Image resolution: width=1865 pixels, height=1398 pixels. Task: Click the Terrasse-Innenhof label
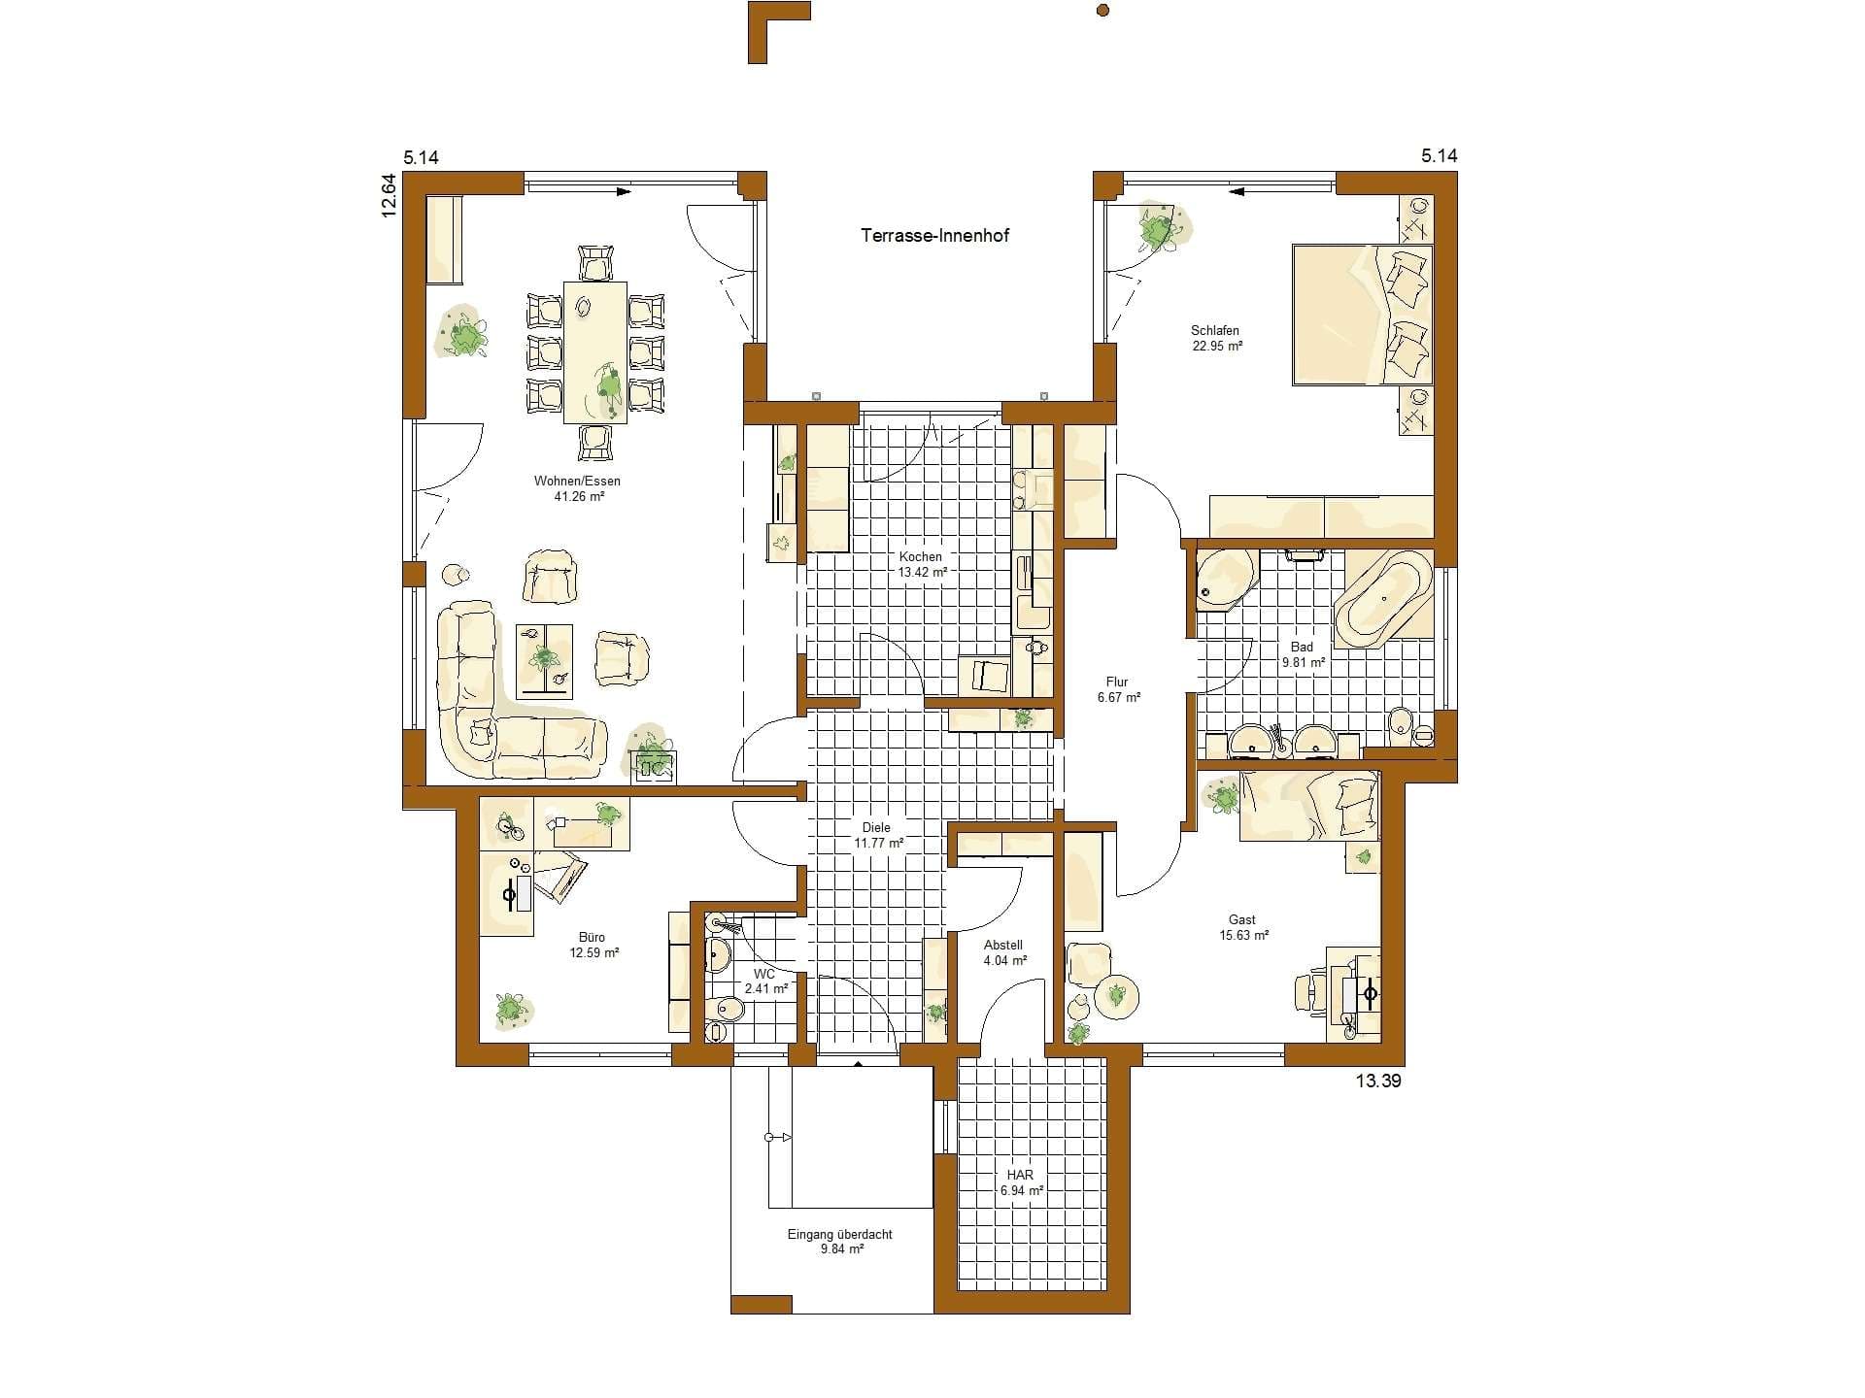click(934, 235)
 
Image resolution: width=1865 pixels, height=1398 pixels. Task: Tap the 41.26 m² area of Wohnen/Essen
click(577, 497)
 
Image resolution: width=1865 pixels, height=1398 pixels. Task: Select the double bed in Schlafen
click(1363, 315)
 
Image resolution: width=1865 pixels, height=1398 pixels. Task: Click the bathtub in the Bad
click(1383, 598)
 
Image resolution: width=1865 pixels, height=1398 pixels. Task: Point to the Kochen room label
click(920, 557)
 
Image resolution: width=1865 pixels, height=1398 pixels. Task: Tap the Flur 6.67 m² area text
click(1118, 697)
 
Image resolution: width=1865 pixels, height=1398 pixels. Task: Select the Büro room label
click(592, 937)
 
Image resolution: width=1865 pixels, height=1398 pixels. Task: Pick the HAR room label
click(1020, 1175)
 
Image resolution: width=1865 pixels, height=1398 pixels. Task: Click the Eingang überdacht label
click(839, 1235)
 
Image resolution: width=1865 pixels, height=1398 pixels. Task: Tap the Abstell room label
click(1003, 945)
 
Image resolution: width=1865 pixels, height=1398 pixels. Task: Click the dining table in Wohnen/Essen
click(595, 352)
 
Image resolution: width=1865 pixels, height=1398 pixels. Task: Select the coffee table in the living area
click(544, 660)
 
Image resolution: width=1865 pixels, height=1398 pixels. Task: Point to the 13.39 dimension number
click(1378, 1081)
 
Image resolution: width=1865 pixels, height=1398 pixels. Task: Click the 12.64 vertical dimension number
click(389, 195)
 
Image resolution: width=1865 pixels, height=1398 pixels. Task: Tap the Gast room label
click(1241, 919)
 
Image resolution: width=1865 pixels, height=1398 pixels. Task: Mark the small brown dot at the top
click(1102, 11)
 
